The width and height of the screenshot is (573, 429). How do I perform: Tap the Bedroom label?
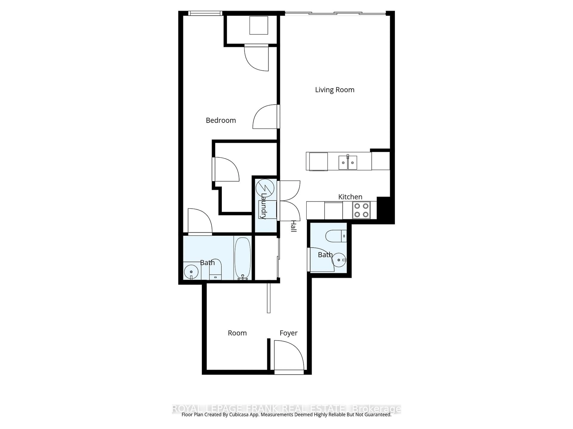221,120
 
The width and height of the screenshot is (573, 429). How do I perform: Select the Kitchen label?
350,197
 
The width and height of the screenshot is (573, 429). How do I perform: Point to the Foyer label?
288,333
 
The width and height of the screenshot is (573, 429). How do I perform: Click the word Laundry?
264,206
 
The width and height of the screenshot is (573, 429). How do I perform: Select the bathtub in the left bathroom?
242,258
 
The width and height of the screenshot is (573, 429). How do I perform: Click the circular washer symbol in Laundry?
265,188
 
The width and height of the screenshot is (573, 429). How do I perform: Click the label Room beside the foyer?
237,333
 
